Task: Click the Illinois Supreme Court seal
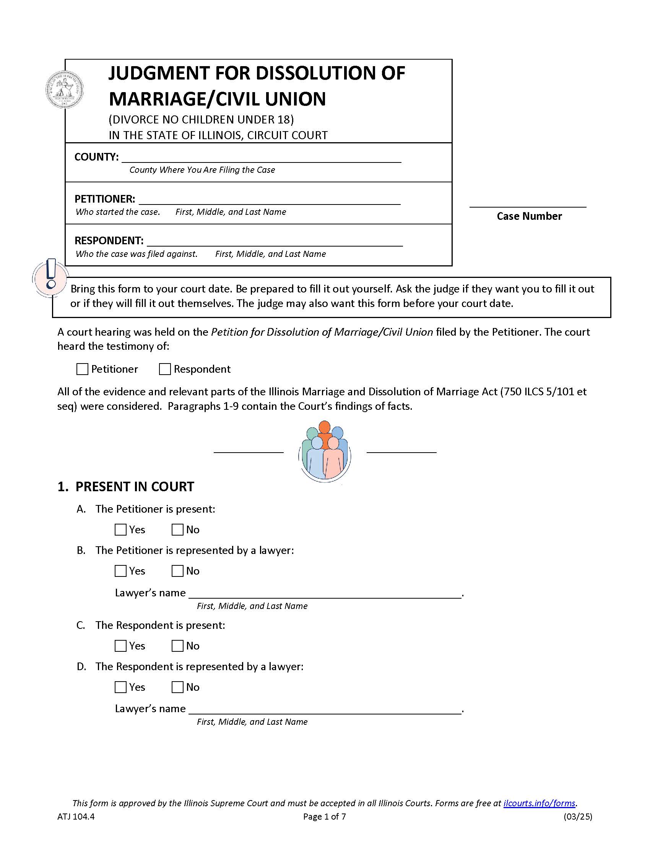[64, 89]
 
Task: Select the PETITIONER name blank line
[269, 200]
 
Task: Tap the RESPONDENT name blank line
[275, 241]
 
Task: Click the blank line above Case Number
[527, 203]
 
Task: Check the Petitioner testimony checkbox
[83, 369]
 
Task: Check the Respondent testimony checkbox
[165, 369]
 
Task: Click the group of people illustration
[325, 451]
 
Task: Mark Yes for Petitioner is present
[120, 530]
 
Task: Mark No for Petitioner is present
[177, 530]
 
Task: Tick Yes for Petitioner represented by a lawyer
[120, 571]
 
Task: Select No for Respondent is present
[177, 646]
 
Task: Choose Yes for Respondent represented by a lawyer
[120, 687]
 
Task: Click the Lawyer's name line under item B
[325, 593]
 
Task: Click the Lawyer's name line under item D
[325, 709]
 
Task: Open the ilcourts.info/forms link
[539, 803]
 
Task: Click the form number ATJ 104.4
[76, 817]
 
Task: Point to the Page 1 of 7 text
[324, 817]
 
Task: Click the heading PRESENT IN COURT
[134, 487]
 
